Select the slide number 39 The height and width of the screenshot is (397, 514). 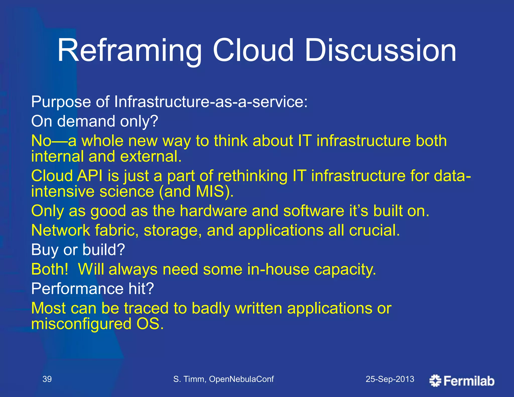(47, 379)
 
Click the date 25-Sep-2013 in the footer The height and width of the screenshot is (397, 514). (390, 379)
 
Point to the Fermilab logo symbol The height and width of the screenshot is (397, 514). (435, 381)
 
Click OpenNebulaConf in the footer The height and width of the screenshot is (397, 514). (241, 379)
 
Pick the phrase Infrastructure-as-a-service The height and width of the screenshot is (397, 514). (210, 102)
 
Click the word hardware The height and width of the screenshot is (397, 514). (213, 211)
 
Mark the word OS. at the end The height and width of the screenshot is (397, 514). (150, 324)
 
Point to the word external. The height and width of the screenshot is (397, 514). (151, 157)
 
